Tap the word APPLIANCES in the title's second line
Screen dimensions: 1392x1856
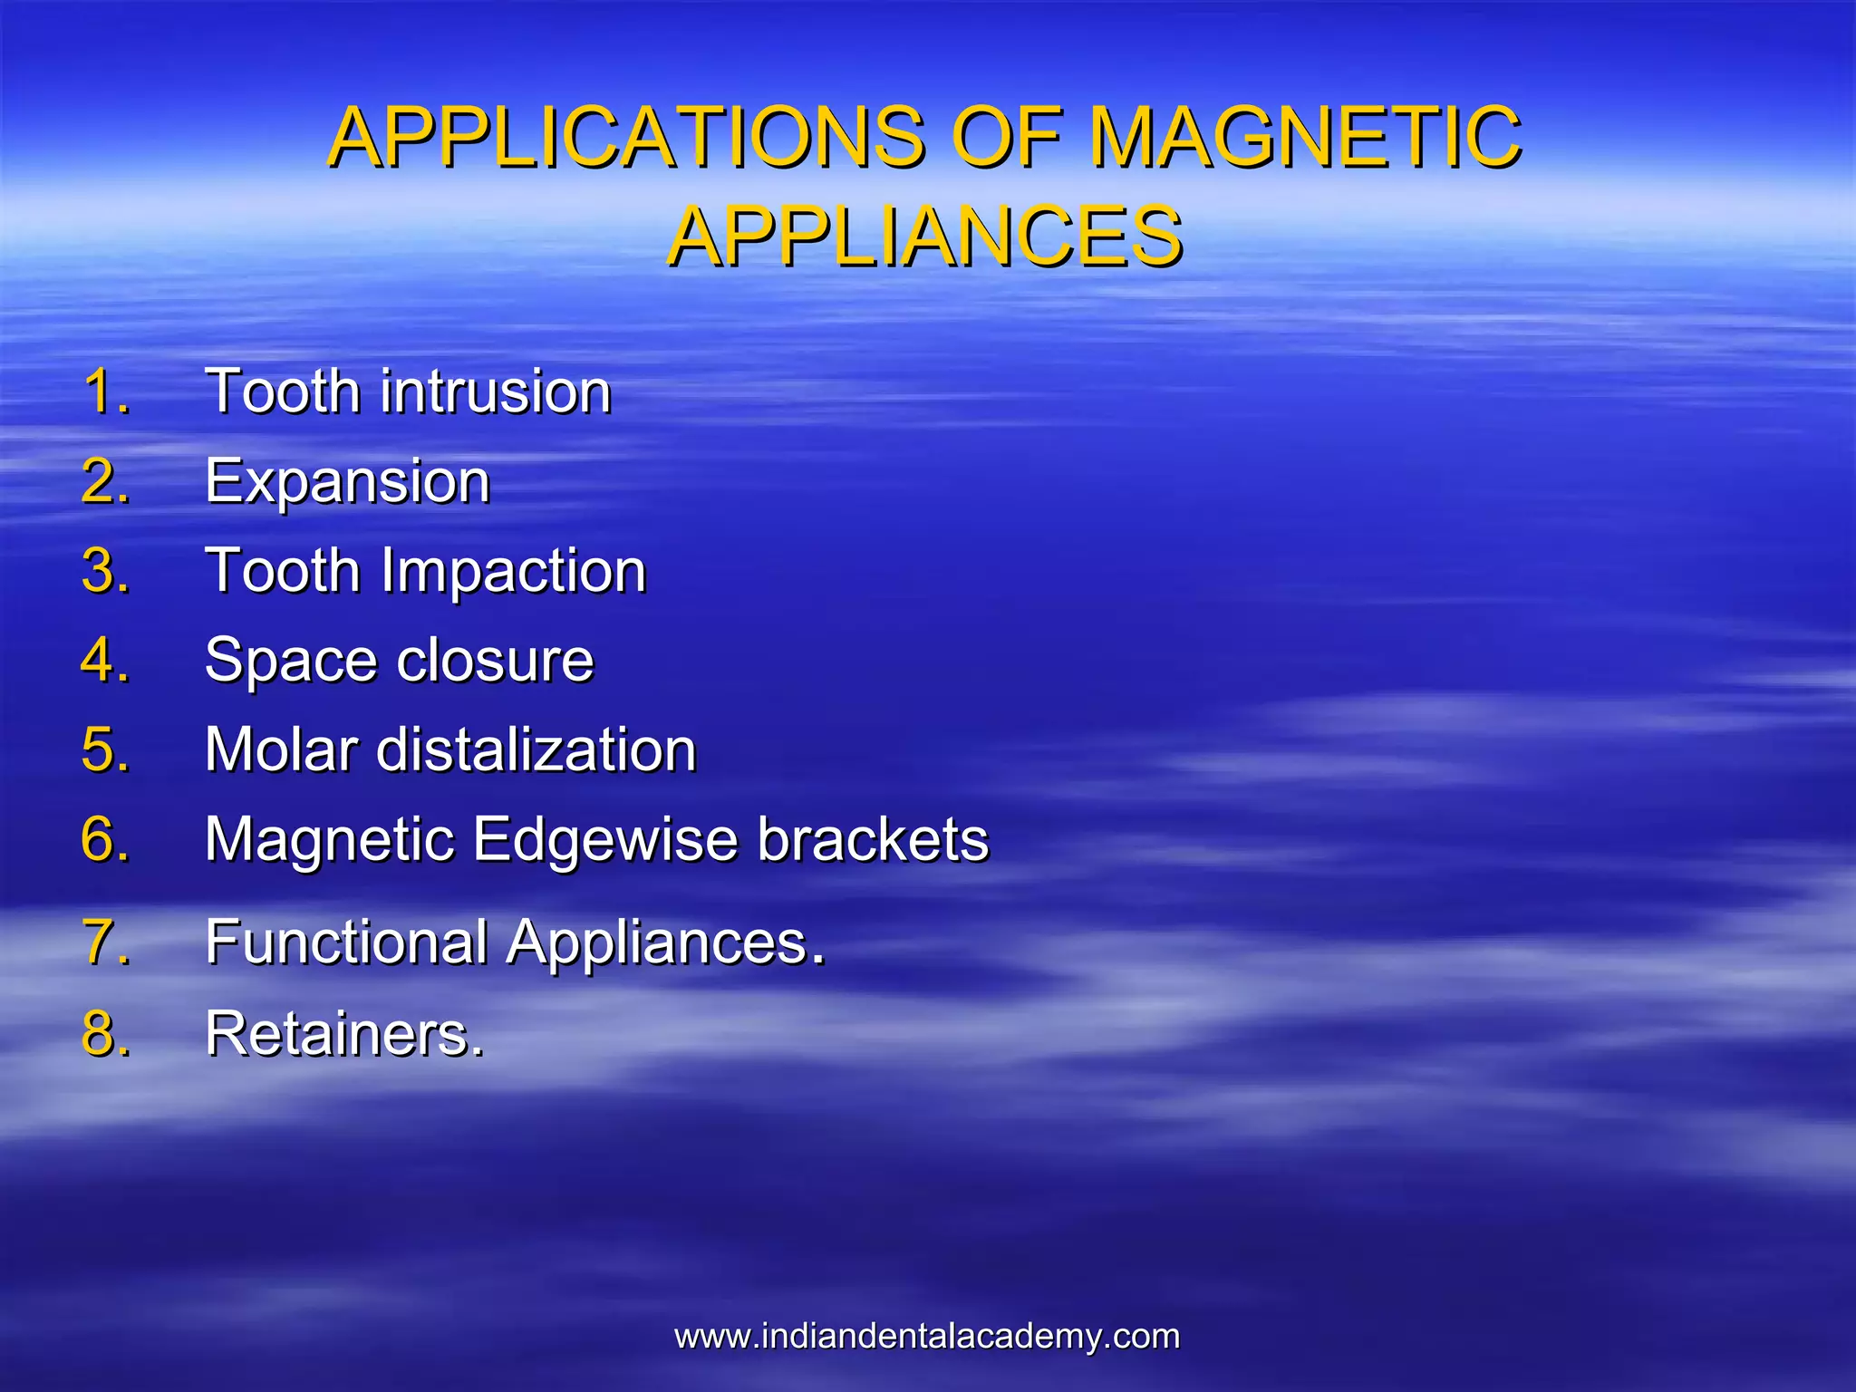tap(924, 237)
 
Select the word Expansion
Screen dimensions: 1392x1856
tap(347, 481)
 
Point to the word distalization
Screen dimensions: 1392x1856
tap(536, 749)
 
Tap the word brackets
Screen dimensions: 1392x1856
tap(873, 838)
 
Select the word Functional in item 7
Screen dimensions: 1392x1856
tap(347, 942)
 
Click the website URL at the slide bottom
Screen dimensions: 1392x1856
tap(927, 1336)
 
